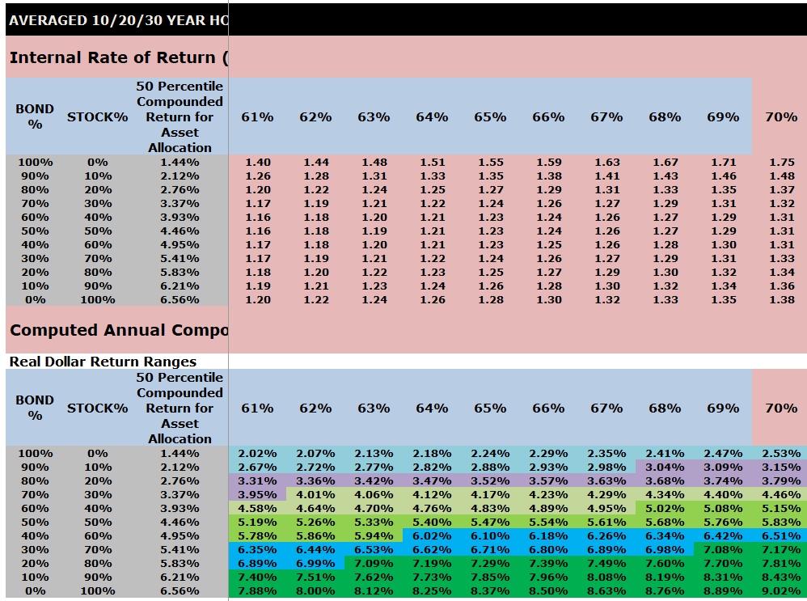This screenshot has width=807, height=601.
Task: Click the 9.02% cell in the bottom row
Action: click(x=780, y=591)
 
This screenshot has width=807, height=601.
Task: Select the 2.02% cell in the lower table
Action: click(x=257, y=454)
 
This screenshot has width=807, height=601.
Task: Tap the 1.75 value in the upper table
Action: click(x=782, y=163)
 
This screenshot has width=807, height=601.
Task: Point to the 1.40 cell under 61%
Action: click(x=257, y=163)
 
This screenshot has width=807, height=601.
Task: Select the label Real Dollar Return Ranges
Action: click(x=103, y=362)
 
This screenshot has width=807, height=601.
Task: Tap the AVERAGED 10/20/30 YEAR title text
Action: click(x=118, y=20)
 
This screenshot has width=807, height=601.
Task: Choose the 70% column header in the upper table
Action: click(x=781, y=116)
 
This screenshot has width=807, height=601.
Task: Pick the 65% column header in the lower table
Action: click(x=490, y=408)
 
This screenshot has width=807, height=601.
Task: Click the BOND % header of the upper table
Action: click(x=35, y=116)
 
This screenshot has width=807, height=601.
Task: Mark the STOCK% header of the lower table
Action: click(x=97, y=408)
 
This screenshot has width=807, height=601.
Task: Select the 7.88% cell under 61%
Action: click(x=257, y=591)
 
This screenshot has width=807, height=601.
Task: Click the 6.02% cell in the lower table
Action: click(x=432, y=536)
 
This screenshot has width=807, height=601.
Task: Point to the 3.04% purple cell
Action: click(x=665, y=468)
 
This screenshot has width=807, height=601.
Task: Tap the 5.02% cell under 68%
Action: click(x=665, y=509)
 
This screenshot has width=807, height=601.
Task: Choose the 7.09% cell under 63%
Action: click(x=374, y=564)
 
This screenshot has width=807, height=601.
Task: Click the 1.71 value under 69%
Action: click(x=723, y=163)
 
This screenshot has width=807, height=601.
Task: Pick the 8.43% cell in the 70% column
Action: click(x=780, y=578)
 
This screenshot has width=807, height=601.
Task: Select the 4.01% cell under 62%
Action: click(x=315, y=495)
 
